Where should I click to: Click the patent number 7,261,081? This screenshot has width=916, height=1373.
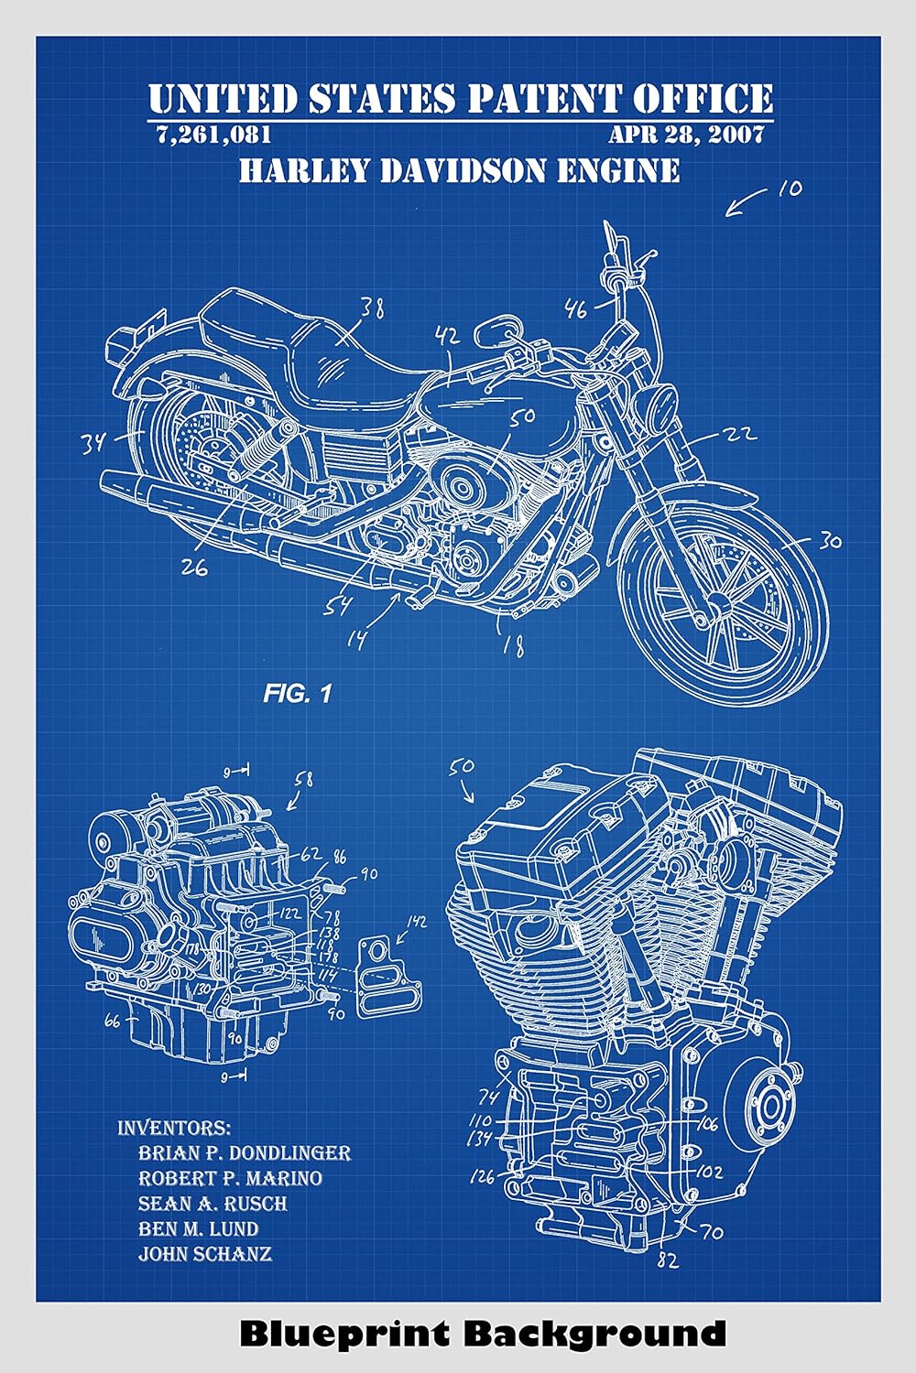[213, 135]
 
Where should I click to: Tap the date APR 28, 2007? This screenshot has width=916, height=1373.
[686, 135]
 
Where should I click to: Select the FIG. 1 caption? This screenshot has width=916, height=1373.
[297, 694]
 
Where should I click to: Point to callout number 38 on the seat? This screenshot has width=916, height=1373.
[371, 308]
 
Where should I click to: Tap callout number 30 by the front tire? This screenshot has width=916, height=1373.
[829, 541]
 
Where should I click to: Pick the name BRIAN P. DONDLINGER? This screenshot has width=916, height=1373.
[244, 1152]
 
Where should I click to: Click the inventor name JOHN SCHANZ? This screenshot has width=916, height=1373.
[204, 1253]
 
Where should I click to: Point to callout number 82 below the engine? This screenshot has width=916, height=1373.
[668, 1260]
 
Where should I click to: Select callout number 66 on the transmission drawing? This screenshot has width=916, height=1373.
[112, 1021]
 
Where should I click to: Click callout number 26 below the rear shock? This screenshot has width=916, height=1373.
[193, 568]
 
